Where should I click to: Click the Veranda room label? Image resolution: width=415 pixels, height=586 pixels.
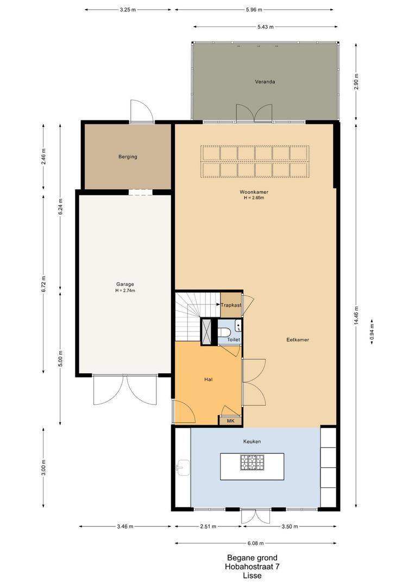click(265, 81)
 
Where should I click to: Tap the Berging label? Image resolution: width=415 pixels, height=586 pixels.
click(128, 157)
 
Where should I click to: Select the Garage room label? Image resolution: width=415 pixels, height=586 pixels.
click(125, 284)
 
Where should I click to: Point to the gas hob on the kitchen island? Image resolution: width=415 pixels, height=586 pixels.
click(252, 462)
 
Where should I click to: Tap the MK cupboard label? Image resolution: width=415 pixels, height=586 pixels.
click(230, 421)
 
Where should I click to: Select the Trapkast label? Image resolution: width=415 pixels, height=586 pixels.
click(231, 305)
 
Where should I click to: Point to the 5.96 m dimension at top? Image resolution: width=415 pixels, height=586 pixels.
click(254, 10)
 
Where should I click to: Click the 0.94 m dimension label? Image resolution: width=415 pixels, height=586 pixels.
click(372, 331)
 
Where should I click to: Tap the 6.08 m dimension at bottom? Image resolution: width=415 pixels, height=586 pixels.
click(256, 543)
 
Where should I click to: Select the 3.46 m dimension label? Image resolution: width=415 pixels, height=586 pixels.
click(125, 526)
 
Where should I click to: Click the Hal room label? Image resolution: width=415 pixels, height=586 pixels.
click(209, 379)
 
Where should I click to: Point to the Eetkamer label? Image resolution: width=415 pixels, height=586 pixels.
click(298, 340)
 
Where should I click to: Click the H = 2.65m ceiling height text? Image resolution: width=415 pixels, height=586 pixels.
click(254, 198)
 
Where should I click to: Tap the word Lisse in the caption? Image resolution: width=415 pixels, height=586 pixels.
click(252, 576)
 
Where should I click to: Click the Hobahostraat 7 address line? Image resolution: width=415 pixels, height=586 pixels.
click(252, 567)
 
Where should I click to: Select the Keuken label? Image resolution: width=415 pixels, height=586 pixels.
click(252, 441)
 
